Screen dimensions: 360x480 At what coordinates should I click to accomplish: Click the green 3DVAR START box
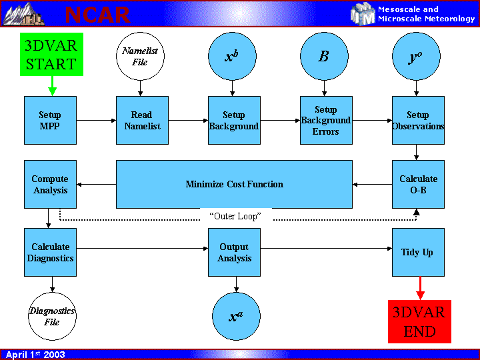(x=51, y=54)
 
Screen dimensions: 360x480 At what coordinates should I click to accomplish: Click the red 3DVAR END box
(x=419, y=321)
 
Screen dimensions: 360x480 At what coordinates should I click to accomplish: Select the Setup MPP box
(x=50, y=120)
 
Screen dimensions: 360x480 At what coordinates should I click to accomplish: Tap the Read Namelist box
(x=142, y=120)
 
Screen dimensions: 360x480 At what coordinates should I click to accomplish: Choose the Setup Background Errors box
(x=325, y=120)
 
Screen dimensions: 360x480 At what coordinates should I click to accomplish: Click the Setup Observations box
(x=418, y=120)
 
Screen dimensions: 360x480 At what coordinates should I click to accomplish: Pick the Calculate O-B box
(x=418, y=184)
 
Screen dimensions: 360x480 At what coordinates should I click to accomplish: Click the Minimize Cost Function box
(x=234, y=184)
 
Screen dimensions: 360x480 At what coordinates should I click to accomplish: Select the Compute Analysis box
(x=50, y=184)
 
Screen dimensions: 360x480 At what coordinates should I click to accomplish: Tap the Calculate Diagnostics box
(x=50, y=252)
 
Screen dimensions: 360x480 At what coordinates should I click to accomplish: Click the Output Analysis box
(x=234, y=252)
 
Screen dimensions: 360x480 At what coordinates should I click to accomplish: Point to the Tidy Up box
(x=418, y=252)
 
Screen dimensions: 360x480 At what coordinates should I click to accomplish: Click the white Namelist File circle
(x=140, y=56)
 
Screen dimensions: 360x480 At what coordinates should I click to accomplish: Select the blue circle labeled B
(x=324, y=56)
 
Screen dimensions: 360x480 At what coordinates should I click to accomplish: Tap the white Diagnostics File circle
(x=52, y=316)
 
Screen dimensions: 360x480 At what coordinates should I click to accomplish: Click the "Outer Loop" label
(x=235, y=217)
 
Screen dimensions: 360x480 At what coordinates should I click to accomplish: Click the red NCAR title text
(x=97, y=14)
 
